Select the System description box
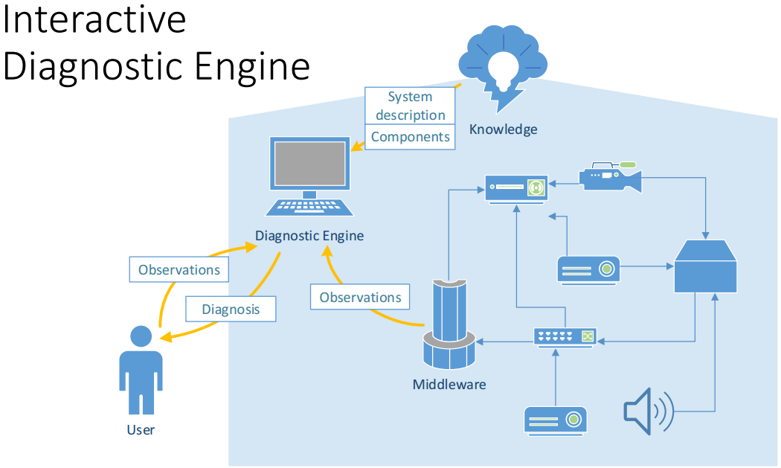coord(411,106)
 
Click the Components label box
coord(411,137)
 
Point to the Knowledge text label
coord(503,129)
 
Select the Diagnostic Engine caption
coord(309,236)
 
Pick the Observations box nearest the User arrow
coord(179,269)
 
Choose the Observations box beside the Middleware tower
coord(360,297)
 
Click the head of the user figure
coord(141,336)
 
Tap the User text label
coord(141,429)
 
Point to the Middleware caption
coord(449,384)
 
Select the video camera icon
coord(611,176)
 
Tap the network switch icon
coord(565,337)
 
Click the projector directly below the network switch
coord(556,420)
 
